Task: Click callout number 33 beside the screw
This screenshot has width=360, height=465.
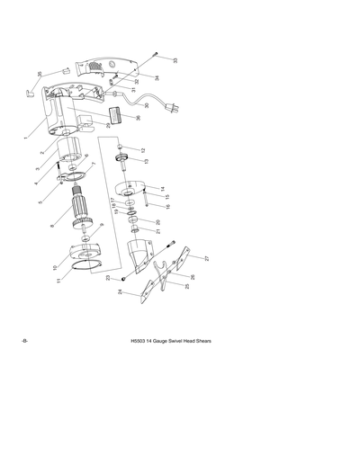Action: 175,61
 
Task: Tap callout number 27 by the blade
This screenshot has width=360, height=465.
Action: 206,258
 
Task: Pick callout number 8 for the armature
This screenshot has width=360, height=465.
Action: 55,226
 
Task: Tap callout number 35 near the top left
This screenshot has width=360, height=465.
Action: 40,75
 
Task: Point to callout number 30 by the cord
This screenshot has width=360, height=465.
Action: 147,106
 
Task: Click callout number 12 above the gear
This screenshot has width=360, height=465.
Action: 142,150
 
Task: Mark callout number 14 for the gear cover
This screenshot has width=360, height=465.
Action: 162,189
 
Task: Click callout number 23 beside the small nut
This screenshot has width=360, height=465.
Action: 108,279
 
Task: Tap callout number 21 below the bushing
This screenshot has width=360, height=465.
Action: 158,231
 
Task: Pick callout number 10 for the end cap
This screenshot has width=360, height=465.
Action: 56,267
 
